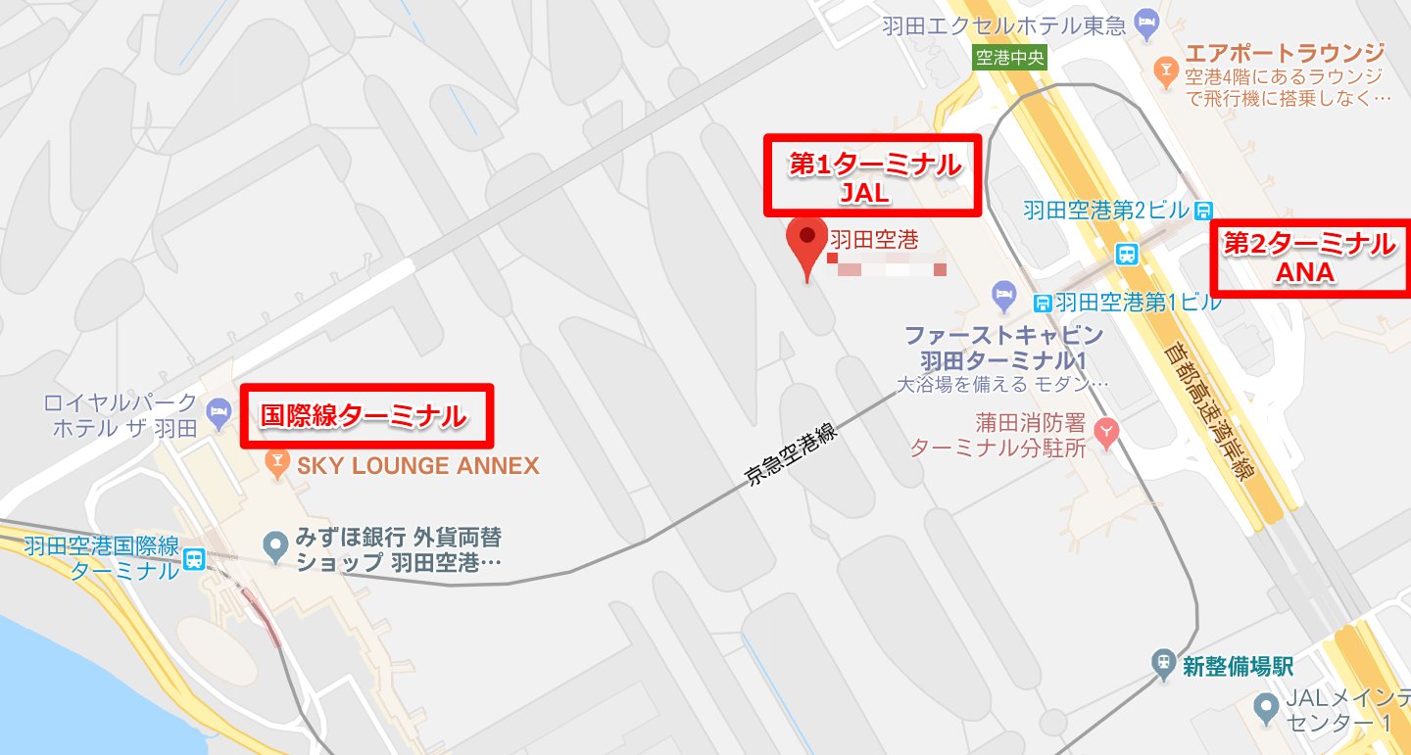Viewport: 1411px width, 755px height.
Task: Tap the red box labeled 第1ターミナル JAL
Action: click(x=872, y=175)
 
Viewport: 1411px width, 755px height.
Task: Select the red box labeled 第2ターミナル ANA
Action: click(x=1310, y=257)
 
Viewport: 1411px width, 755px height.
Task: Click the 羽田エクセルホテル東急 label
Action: click(x=1003, y=24)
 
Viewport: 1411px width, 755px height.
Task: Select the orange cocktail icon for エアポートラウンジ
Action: click(x=1166, y=68)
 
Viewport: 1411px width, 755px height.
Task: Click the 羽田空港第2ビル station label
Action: click(x=1107, y=210)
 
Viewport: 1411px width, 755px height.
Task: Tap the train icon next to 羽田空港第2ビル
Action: click(x=1204, y=210)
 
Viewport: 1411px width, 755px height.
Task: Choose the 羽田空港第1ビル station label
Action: click(x=1139, y=302)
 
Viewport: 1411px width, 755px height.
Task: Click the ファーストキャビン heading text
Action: click(x=1005, y=334)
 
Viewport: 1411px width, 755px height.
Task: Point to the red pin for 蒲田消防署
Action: click(x=1106, y=431)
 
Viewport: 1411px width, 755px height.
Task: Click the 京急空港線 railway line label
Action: click(x=793, y=456)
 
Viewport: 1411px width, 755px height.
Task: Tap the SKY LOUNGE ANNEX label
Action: click(x=418, y=466)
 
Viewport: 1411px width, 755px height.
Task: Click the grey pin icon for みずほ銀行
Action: click(x=277, y=543)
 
